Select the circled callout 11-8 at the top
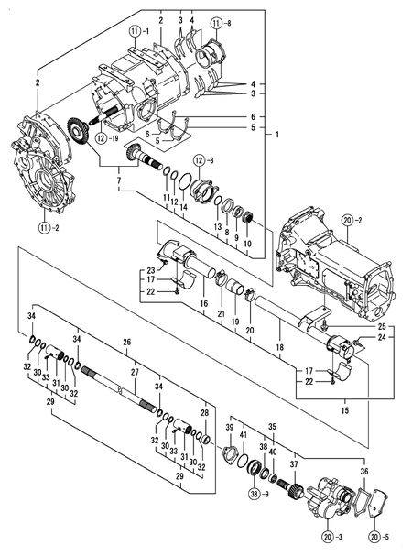(x=216, y=21)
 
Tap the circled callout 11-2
(x=46, y=227)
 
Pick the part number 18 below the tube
(x=280, y=349)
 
